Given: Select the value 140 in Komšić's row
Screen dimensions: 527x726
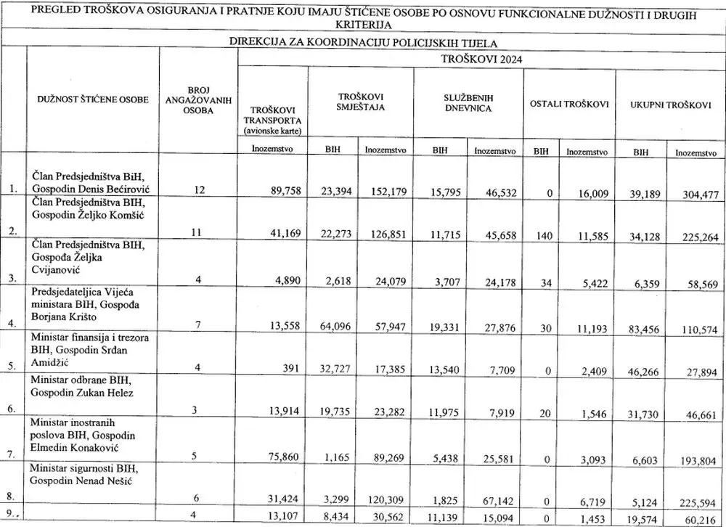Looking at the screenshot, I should [x=542, y=235].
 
